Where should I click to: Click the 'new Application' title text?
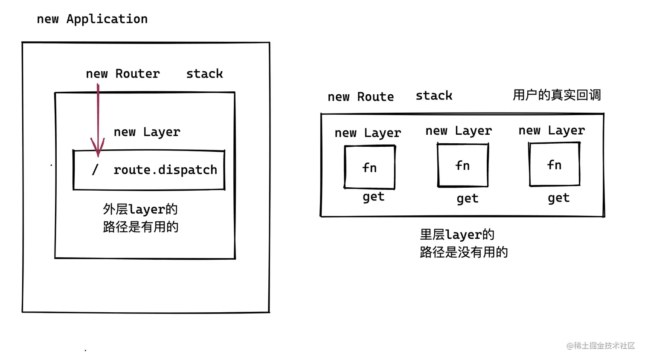pos(92,19)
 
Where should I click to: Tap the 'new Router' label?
pos(123,74)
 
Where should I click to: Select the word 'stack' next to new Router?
pos(204,74)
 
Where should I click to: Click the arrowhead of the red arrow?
pos(98,149)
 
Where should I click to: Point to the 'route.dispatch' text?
pos(165,170)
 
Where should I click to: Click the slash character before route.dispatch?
pos(95,170)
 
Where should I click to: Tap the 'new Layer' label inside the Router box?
pos(147,132)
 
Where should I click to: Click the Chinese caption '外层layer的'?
pos(140,209)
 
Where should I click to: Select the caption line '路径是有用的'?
pos(140,226)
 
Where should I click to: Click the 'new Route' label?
pos(360,97)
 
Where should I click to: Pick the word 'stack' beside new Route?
pos(434,96)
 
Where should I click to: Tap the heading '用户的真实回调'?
pos(556,95)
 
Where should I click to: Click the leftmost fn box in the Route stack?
pos(369,167)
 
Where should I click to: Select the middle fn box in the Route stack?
pos(462,165)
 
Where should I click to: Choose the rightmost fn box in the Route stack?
pos(554,165)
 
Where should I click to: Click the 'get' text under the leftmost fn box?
pos(373,197)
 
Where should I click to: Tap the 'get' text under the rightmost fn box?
pos(558,198)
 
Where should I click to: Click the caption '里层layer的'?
pos(457,235)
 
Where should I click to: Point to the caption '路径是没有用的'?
pos(464,252)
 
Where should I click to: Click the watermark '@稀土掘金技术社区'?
pos(600,345)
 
